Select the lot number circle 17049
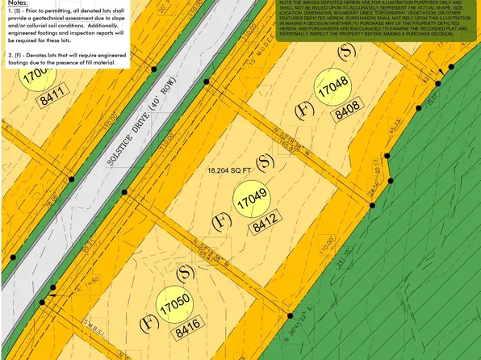tap(249, 196)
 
